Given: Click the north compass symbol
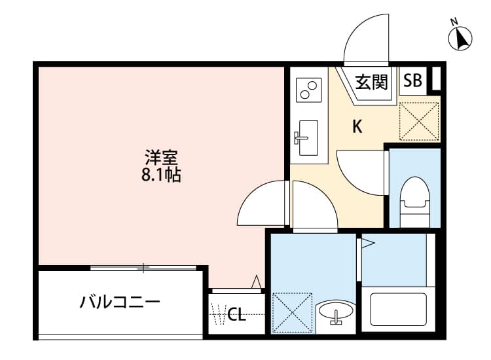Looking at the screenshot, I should click(x=461, y=39).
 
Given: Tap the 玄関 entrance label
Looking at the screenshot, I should click(x=371, y=82).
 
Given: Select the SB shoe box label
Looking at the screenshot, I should click(x=412, y=81).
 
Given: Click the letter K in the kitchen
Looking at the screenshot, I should click(x=357, y=127).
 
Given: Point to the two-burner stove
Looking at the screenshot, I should click(x=308, y=90).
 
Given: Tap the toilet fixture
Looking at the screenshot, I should click(x=414, y=194).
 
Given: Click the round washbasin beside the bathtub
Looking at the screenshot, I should click(x=336, y=312).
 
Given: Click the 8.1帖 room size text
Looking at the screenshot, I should click(x=162, y=175).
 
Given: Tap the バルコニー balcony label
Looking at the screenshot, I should click(x=120, y=302).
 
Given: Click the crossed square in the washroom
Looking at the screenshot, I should click(x=291, y=311).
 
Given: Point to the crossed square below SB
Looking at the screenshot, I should click(x=419, y=120).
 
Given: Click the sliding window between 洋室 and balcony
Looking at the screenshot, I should click(x=143, y=267).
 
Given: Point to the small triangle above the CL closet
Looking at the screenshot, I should click(x=257, y=282).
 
